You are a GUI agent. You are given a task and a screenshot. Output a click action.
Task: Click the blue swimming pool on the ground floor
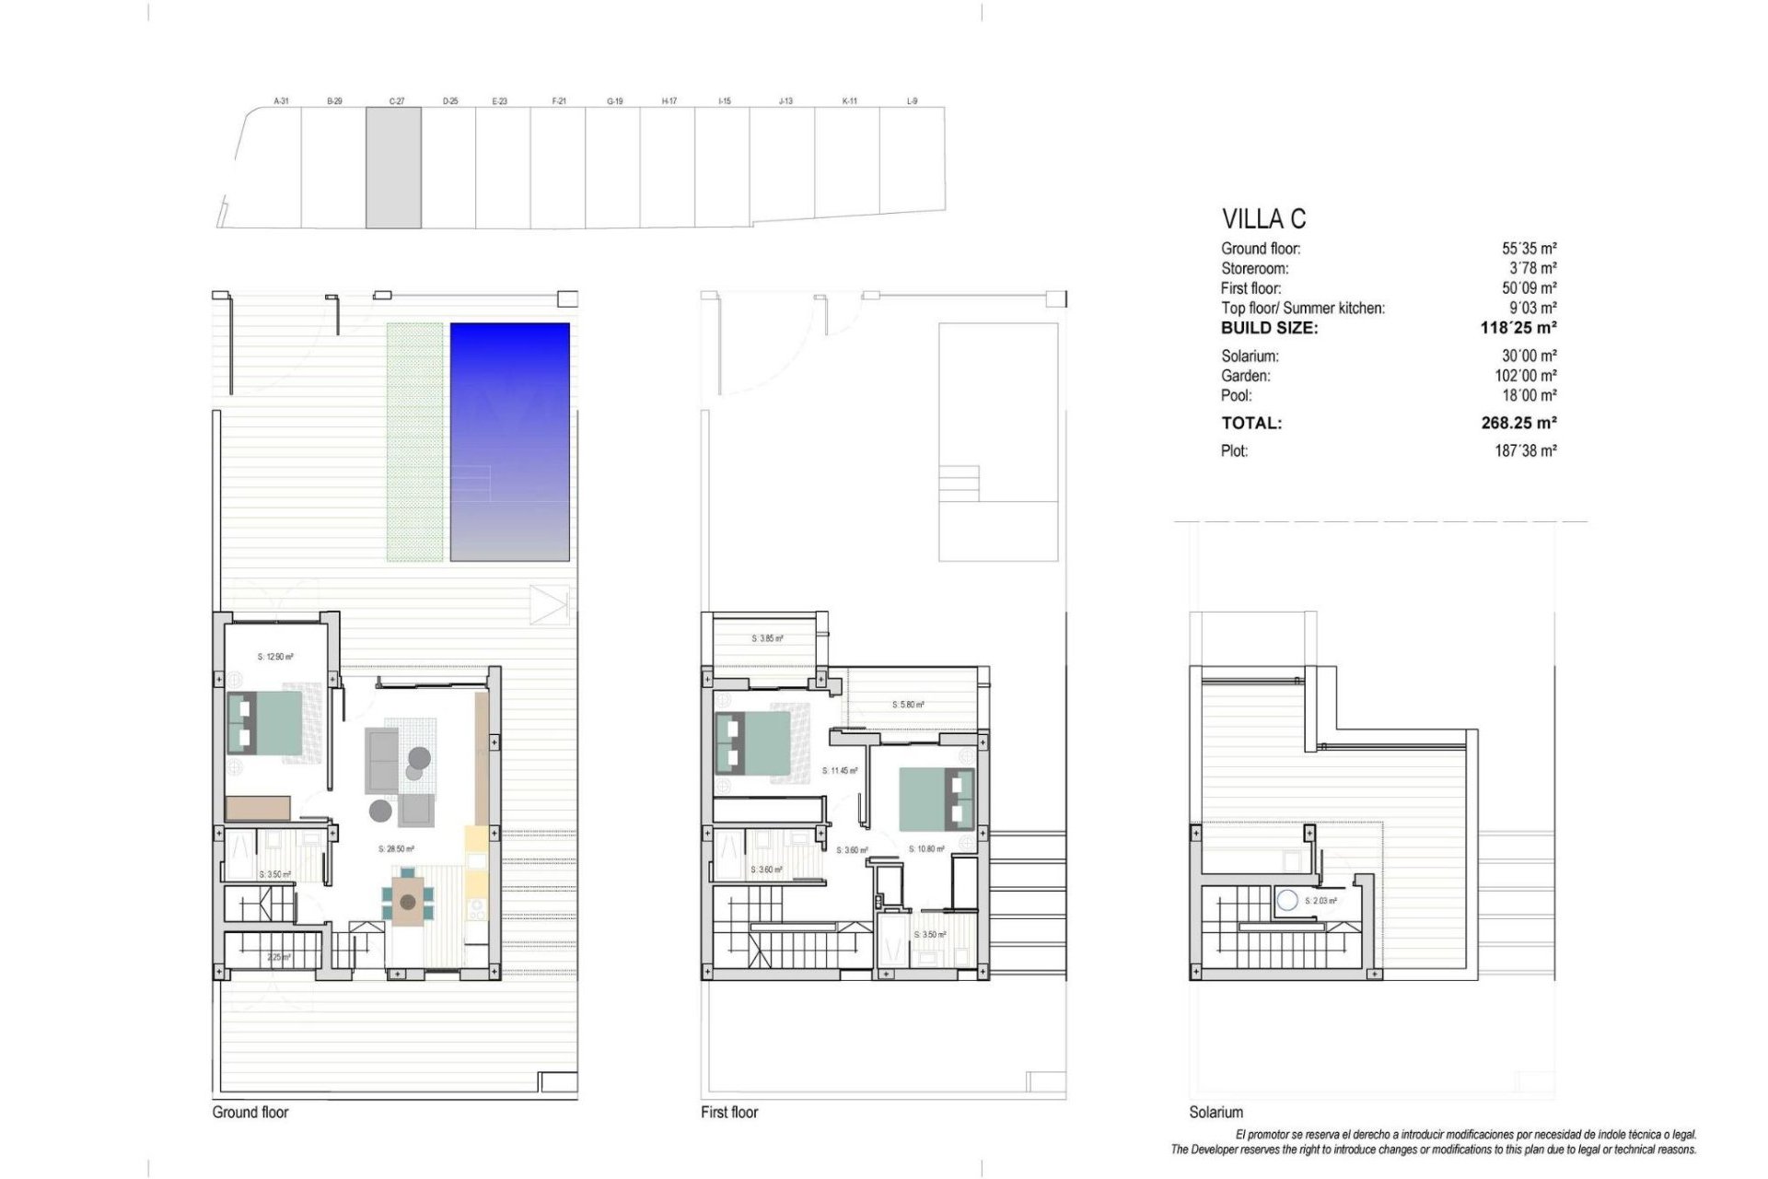coord(509,441)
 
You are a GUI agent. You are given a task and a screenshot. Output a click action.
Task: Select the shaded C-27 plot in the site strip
coord(393,168)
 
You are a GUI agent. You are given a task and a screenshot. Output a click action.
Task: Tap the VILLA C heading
coord(1263,219)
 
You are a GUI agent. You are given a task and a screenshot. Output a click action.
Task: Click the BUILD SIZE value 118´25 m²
coord(1518,328)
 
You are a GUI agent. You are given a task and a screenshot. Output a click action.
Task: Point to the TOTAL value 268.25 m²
coord(1518,423)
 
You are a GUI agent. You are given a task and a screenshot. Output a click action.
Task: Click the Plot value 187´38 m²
coord(1525,451)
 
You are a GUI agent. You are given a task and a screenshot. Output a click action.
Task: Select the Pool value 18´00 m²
coord(1529,396)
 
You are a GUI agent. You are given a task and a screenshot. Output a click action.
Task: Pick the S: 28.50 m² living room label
coord(396,849)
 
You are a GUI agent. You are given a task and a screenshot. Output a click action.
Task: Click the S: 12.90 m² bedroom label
coord(275,657)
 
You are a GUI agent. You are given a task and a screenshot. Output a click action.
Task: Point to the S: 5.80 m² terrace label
coord(908,705)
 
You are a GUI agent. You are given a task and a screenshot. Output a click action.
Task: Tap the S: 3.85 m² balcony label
coord(767,638)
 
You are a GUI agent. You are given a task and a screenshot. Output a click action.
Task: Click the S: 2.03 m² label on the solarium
coord(1320,901)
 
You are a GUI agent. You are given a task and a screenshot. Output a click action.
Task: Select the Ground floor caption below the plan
coord(250,1112)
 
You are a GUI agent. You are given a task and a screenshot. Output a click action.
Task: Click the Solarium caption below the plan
coord(1215,1112)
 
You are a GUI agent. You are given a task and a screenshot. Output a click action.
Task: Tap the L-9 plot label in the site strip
coord(912,101)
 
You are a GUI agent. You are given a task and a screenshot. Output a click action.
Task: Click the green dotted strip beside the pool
coord(413,441)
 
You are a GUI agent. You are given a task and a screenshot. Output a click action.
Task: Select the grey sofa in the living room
coord(381,760)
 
